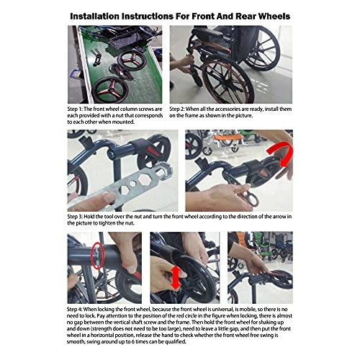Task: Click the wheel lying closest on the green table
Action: pyautogui.click(x=110, y=89)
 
